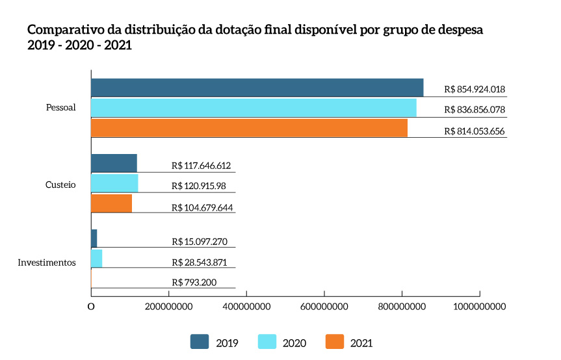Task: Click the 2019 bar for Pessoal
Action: click(x=257, y=88)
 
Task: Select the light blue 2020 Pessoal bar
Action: click(x=254, y=108)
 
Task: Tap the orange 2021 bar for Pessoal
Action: click(x=249, y=128)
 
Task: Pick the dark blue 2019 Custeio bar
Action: click(x=114, y=163)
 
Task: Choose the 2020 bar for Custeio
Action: click(x=114, y=183)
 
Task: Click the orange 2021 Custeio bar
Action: click(x=111, y=203)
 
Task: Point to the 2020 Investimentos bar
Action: click(x=96, y=259)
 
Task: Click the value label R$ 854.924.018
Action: click(x=475, y=90)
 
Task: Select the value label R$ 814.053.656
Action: click(x=475, y=131)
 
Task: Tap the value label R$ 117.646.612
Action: click(x=202, y=166)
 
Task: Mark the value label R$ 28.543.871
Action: click(x=200, y=262)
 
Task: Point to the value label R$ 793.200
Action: click(x=194, y=283)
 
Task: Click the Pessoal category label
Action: click(x=61, y=108)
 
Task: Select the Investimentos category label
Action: click(x=47, y=263)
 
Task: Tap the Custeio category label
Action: click(x=60, y=185)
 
